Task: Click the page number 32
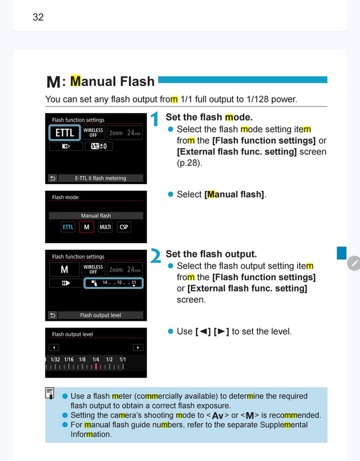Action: tap(38, 17)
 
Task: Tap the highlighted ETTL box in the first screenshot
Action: tap(65, 133)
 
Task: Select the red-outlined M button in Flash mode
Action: tap(87, 227)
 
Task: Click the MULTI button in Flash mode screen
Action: tap(105, 227)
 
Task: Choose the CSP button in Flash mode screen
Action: tap(124, 227)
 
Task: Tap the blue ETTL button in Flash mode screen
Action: tap(68, 227)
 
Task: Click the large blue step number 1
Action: tap(154, 119)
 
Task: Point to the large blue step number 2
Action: tap(155, 256)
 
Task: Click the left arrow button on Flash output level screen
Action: tap(54, 347)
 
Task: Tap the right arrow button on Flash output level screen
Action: tap(138, 347)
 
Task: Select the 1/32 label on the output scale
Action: tap(55, 359)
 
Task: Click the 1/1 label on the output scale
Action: tap(123, 359)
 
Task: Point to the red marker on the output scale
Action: tap(96, 366)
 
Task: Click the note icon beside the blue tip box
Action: tap(49, 393)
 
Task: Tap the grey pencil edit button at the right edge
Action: tap(354, 263)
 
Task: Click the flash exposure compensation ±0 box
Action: tap(99, 146)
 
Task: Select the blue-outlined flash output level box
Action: tap(114, 283)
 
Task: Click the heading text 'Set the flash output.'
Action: tap(211, 254)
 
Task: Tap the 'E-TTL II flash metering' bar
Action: tap(101, 178)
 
